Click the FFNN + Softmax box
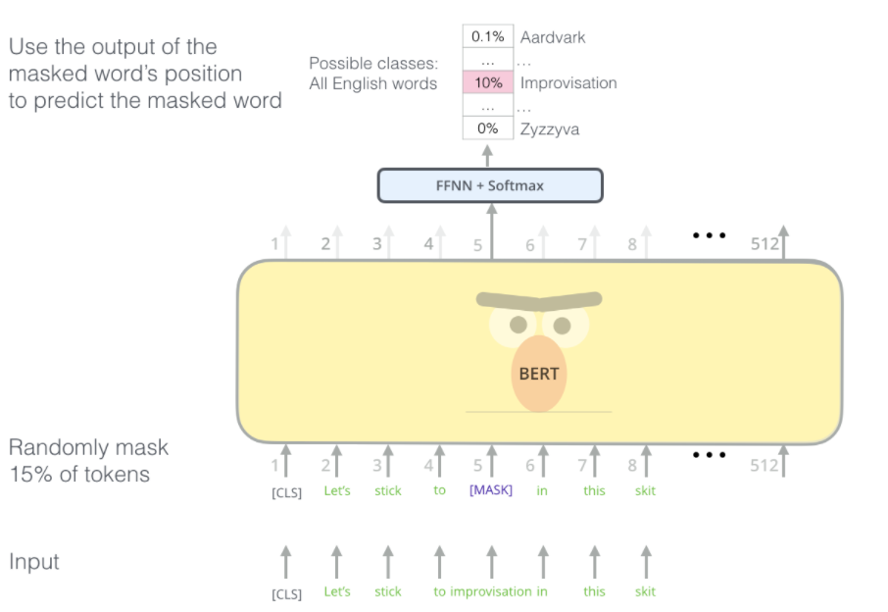[490, 185]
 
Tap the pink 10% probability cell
[488, 82]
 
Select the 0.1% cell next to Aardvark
[488, 36]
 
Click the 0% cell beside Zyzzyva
[488, 128]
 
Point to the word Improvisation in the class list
[568, 82]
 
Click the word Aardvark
[553, 37]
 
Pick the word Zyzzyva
[550, 129]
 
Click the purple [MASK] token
[491, 490]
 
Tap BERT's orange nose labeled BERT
[539, 374]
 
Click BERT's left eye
[518, 325]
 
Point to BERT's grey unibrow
[539, 299]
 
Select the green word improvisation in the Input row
[490, 591]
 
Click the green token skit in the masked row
[645, 490]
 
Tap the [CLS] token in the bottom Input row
[286, 593]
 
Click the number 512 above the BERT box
[765, 244]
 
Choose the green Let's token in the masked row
[337, 490]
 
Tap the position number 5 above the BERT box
[478, 245]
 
